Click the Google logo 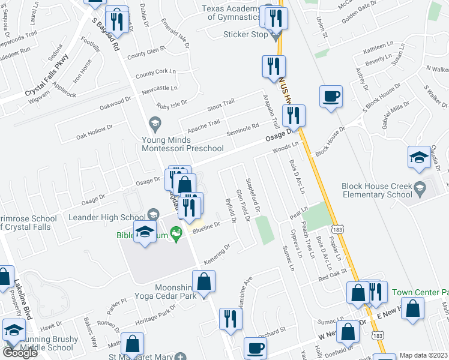pyautogui.click(x=20, y=353)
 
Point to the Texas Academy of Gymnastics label pyautogui.click(x=232, y=13)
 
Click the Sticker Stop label pyautogui.click(x=246, y=34)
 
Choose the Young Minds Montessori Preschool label pyautogui.click(x=182, y=143)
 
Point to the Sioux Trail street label pyautogui.click(x=219, y=104)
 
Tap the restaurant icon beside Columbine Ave pyautogui.click(x=231, y=319)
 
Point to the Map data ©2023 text pyautogui.click(x=423, y=355)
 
